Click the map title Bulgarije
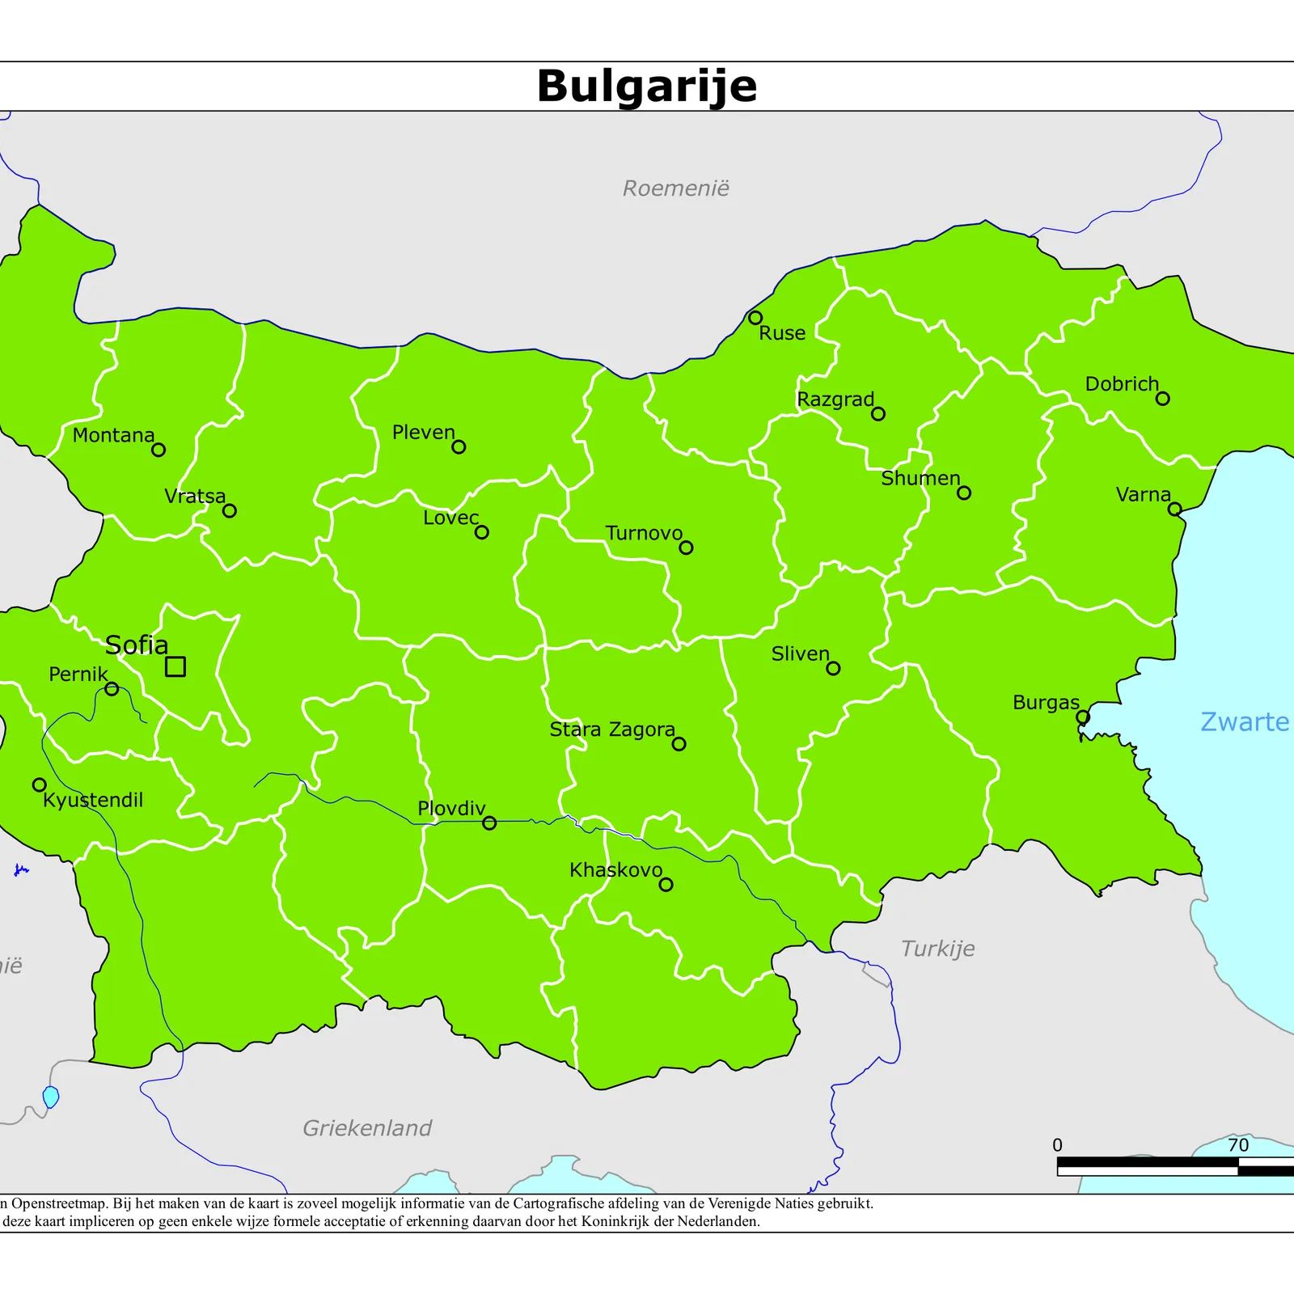(x=646, y=86)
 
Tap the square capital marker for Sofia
(x=175, y=666)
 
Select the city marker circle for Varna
(x=1174, y=509)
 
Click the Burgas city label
(x=1045, y=703)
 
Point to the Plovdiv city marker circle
(x=489, y=823)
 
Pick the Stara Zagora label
(x=611, y=729)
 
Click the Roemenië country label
(x=675, y=188)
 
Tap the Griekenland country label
(x=367, y=1127)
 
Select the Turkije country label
(x=937, y=948)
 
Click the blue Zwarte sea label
(x=1244, y=721)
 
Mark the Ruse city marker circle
(x=755, y=318)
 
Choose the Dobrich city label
(x=1121, y=384)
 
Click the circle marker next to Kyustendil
(x=39, y=784)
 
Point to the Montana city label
(x=113, y=435)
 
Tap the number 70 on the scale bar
(x=1237, y=1145)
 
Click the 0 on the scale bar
(x=1057, y=1145)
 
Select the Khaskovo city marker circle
(x=666, y=885)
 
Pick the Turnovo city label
(x=644, y=534)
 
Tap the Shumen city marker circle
(x=963, y=493)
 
